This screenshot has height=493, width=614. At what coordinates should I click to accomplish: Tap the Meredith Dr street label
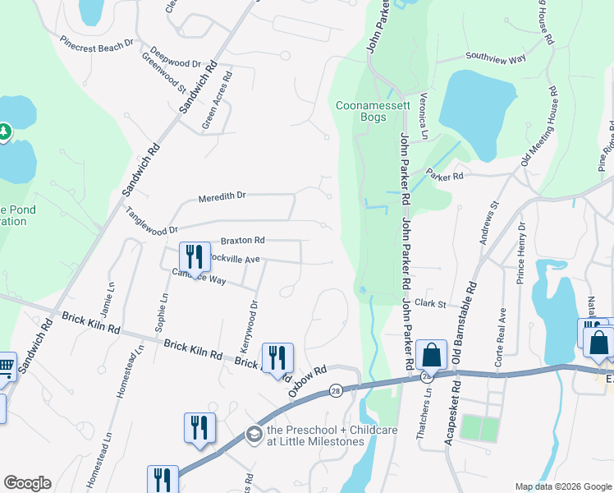[x=222, y=197]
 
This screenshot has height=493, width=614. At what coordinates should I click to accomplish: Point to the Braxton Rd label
[x=242, y=241]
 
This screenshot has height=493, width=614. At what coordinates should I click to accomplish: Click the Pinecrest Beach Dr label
[x=97, y=44]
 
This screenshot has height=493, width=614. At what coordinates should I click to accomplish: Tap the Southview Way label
[x=495, y=58]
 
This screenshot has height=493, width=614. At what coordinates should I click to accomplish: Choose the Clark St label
[x=429, y=303]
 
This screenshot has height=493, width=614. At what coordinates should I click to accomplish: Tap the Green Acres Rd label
[x=218, y=101]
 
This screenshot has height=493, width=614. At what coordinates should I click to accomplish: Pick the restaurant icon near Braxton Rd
[x=195, y=256]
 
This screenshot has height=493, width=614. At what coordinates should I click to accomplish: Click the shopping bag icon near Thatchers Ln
[x=430, y=354]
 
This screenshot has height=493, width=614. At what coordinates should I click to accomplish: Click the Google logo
[x=27, y=483]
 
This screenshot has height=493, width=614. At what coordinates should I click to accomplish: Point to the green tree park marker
[x=4, y=131]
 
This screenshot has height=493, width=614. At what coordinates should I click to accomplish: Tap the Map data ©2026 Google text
[x=562, y=486]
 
